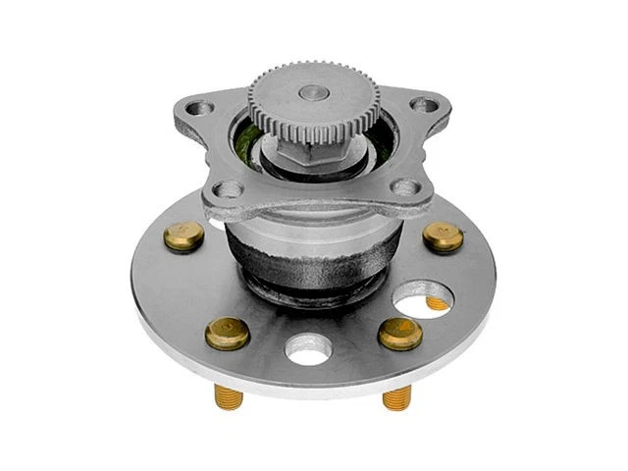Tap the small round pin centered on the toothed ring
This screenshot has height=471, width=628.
314,92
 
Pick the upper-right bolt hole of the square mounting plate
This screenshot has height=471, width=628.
423,104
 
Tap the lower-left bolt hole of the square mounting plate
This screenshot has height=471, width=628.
228,188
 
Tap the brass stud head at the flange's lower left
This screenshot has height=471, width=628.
227,333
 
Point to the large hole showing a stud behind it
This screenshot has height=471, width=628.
422,296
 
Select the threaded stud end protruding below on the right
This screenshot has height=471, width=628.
396,396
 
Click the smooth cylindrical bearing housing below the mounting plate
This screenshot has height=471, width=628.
314,240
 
